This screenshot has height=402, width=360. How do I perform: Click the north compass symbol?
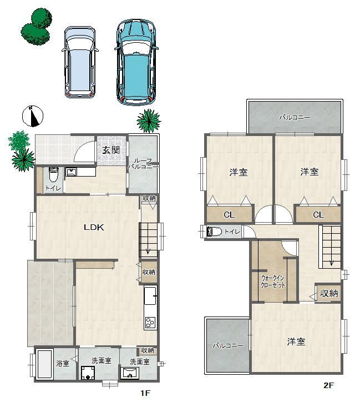point(33,116)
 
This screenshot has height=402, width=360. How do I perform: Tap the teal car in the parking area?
point(136,62)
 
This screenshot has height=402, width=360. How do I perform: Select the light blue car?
point(80,62)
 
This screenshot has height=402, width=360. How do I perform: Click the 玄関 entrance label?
point(111,150)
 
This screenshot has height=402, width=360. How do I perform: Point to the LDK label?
point(94,227)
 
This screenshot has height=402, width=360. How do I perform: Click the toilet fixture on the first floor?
point(53,174)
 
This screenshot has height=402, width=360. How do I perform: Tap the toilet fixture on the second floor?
point(214,232)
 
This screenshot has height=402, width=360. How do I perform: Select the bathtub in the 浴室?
point(44,364)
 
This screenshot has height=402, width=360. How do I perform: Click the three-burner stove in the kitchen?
point(150,323)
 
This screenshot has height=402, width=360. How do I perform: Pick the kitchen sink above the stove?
point(150,295)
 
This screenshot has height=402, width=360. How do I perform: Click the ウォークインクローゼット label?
point(273,282)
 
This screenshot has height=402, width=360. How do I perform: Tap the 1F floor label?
point(145,393)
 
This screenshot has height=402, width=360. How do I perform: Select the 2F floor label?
point(329,385)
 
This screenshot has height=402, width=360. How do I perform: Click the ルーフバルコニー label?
point(143,164)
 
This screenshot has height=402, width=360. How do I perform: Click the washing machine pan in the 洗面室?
point(88,373)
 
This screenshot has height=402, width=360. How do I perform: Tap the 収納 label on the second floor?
point(329,293)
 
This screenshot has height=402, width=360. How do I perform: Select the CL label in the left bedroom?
point(229,214)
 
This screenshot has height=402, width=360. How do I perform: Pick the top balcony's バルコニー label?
point(295,118)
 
